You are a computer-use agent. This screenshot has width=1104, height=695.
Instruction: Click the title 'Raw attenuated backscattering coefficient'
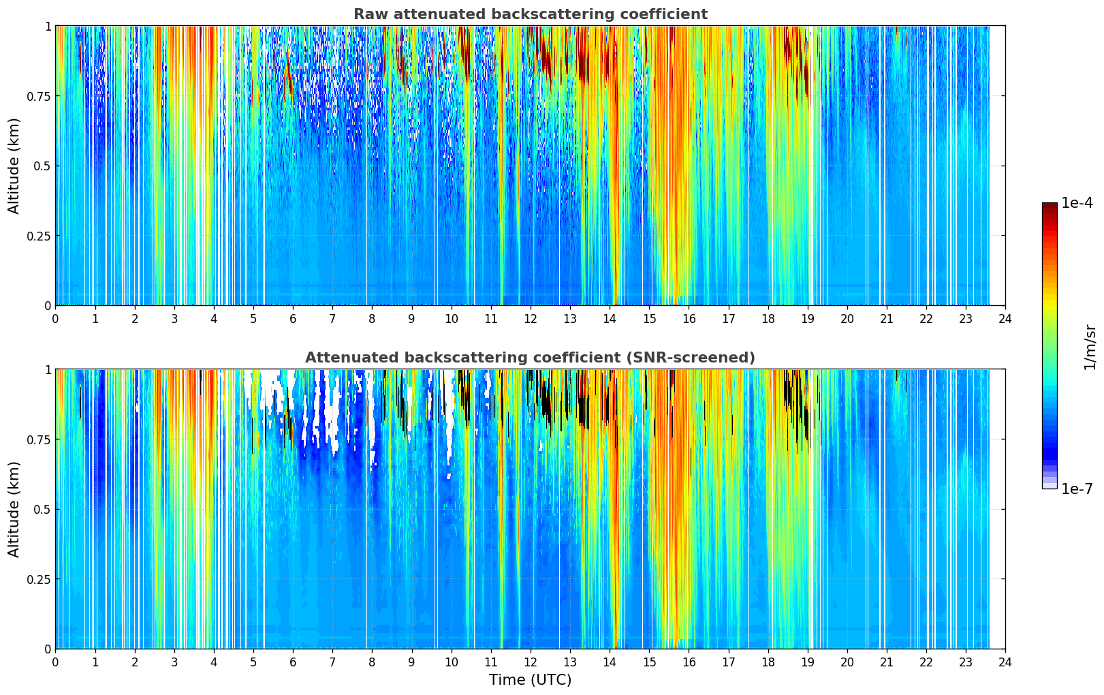coord(530,14)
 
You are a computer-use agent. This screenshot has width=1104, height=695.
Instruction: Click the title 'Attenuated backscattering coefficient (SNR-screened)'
coord(530,358)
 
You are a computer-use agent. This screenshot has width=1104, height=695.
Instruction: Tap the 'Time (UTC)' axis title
coord(530,680)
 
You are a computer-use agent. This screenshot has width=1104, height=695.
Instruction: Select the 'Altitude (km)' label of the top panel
coord(14,166)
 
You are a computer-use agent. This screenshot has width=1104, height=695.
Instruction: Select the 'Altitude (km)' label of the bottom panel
coord(14,509)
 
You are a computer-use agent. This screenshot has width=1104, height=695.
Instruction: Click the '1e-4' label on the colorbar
coord(1077,203)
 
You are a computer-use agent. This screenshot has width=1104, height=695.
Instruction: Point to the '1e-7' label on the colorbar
coord(1077,489)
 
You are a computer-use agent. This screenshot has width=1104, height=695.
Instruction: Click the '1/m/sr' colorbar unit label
coord(1090,347)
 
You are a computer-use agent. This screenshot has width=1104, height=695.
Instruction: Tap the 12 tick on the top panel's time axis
coord(531,318)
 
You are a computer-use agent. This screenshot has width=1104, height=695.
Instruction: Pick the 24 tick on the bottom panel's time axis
coord(1005,662)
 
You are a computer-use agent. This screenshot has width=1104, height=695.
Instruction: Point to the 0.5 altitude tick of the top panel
coord(40,166)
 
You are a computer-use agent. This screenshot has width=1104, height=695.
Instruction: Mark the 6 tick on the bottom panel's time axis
coord(293,662)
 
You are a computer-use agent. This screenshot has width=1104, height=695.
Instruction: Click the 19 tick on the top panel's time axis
coord(807,318)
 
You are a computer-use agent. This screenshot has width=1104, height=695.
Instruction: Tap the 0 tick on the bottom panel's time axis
coord(55,662)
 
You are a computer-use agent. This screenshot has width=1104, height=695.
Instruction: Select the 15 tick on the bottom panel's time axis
coord(649,662)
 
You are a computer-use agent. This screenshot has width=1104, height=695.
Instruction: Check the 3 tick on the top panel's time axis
coord(174,318)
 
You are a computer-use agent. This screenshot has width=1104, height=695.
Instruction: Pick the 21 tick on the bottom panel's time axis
coord(887,662)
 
